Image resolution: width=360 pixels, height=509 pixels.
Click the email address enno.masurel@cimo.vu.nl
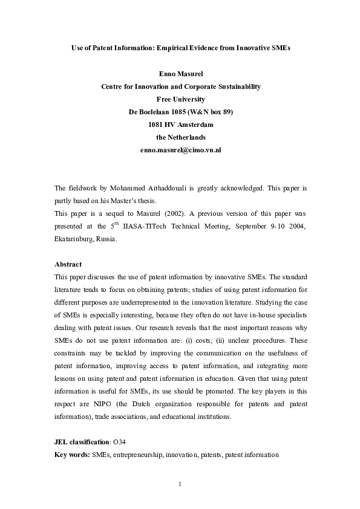coord(180,149)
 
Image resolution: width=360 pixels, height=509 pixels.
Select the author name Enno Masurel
coord(180,74)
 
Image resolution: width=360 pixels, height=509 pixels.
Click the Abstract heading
coord(68,264)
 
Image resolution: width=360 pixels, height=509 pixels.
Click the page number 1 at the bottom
coord(180,483)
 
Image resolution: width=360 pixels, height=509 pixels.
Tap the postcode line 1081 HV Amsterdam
coord(180,125)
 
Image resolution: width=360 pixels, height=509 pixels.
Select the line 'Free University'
coord(180,99)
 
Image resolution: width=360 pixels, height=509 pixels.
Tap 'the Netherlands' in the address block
coord(180,137)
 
